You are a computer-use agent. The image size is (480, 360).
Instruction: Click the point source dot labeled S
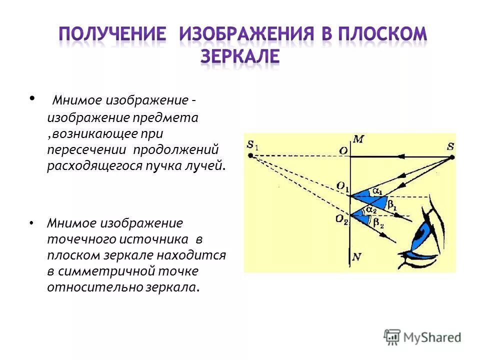click(x=452, y=157)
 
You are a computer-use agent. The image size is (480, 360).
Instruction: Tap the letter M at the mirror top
click(x=357, y=139)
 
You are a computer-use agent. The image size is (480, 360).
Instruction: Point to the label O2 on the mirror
click(x=342, y=218)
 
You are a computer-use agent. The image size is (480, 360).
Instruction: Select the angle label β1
click(x=392, y=205)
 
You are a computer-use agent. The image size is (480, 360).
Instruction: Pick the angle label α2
click(x=370, y=210)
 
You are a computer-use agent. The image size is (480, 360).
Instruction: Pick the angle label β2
click(x=378, y=223)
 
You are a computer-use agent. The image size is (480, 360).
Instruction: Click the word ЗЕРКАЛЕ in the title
click(x=240, y=56)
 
